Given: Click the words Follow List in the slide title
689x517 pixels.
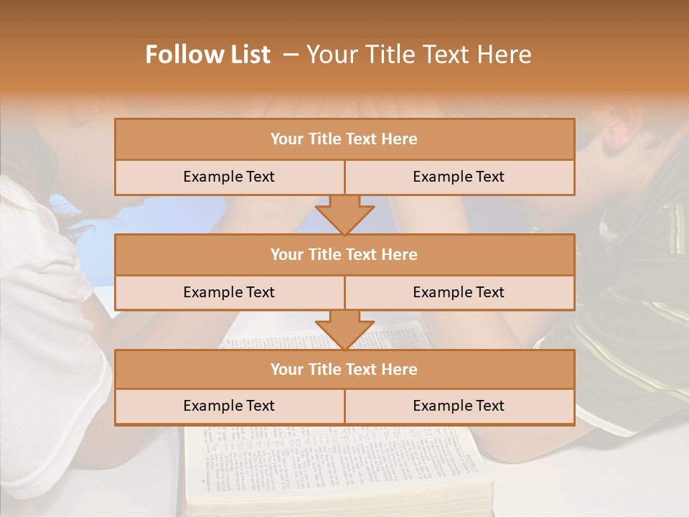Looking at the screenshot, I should tap(208, 55).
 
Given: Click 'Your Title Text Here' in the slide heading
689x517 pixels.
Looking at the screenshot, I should tap(419, 55).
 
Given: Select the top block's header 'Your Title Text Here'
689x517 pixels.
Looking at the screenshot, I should tap(344, 139).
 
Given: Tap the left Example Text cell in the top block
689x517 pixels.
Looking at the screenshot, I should tap(229, 177).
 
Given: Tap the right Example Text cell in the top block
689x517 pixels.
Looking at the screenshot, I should tap(459, 177).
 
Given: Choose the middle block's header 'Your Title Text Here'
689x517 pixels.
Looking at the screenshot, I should tap(344, 254).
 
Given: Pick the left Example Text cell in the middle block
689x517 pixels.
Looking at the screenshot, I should tap(229, 292).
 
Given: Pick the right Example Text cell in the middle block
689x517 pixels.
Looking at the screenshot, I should tap(459, 292).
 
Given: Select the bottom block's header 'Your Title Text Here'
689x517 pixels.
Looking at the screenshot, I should tap(344, 369).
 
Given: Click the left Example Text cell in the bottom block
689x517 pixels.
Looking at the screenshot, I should tap(229, 406).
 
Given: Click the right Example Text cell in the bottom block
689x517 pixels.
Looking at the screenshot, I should tap(459, 406).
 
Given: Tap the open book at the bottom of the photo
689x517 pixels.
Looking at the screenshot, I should tap(337, 467).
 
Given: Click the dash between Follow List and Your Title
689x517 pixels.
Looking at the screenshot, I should tap(290, 55).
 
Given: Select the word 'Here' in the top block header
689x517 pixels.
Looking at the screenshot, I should tap(400, 139).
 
